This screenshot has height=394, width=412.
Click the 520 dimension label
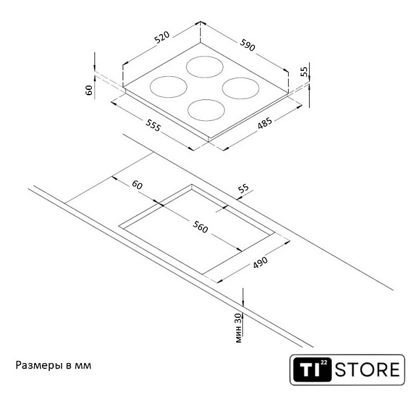(x=162, y=37)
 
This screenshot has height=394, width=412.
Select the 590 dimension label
(x=247, y=45)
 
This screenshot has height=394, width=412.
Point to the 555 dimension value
(x=153, y=125)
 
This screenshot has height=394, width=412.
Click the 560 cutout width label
(x=200, y=227)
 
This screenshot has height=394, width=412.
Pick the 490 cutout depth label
(x=260, y=262)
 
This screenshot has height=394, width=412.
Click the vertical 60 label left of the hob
(x=89, y=90)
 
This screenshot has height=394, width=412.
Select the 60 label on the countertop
(x=137, y=185)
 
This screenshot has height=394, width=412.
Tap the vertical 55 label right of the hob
(x=304, y=72)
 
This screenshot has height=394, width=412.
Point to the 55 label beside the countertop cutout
(x=243, y=188)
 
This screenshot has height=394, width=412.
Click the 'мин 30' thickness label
(x=238, y=328)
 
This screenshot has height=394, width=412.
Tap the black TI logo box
(x=312, y=369)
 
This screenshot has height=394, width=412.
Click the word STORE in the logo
(x=367, y=370)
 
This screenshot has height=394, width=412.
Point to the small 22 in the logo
(x=324, y=363)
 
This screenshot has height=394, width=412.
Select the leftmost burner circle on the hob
(x=169, y=87)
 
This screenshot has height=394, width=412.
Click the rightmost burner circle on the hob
(x=241, y=88)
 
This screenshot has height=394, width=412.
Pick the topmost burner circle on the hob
(x=205, y=67)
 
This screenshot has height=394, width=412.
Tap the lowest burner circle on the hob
(x=206, y=110)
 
